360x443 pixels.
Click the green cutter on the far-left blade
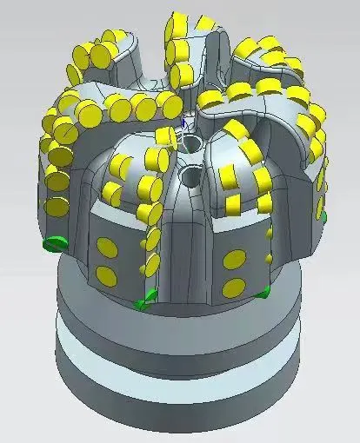pyautogui.click(x=56, y=241)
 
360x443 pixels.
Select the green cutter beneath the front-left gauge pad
pyautogui.click(x=145, y=301)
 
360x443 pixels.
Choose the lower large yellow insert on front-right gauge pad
pyautogui.click(x=234, y=288)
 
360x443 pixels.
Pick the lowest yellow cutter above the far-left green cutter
pyautogui.click(x=57, y=207)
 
